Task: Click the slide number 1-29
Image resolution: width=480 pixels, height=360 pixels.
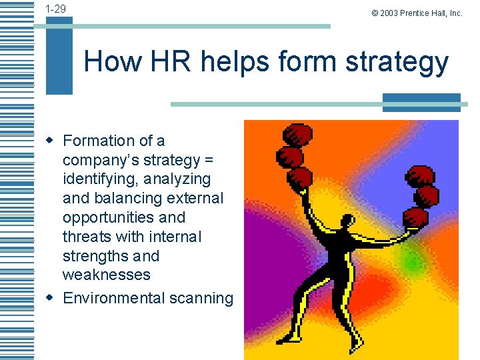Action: pos(55,9)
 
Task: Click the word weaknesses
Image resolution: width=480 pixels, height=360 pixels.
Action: pos(107,275)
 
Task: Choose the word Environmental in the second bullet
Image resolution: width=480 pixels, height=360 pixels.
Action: pos(114,298)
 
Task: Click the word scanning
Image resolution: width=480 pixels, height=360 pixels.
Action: pos(201,298)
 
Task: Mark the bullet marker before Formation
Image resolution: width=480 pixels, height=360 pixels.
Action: pos(49,140)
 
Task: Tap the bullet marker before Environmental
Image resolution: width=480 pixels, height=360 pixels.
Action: pos(49,297)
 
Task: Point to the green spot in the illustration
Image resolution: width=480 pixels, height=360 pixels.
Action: pos(413,262)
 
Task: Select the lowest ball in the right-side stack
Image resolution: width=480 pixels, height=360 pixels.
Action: pos(415,217)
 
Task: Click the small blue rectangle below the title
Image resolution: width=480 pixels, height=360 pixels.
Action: pos(421,103)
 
